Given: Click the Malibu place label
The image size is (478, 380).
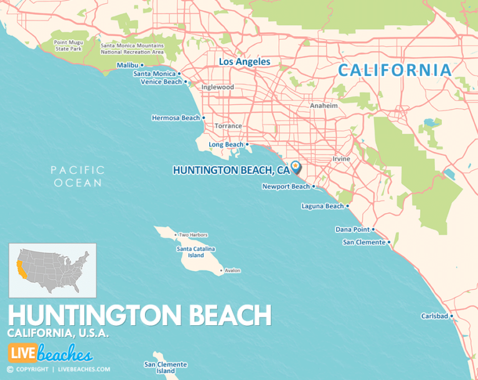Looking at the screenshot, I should point(127,65).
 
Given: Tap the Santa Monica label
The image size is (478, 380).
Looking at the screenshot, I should point(154,74).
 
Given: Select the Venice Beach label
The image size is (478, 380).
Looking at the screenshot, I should point(161,82).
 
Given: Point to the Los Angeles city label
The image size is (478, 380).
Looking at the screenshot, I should point(244,62).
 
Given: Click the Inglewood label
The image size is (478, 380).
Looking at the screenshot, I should point(217,87).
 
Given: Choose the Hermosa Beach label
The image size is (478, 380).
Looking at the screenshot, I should point(176,118).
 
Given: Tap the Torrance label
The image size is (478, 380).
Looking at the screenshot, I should point(228,126).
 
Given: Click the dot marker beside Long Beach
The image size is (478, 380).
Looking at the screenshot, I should point(247,145).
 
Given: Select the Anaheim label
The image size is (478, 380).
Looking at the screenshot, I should point(324,106).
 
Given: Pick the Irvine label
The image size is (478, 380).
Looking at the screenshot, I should point(340,159).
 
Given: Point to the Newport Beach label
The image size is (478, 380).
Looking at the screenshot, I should point(286,186).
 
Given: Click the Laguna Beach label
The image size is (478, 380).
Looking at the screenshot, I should point(322,206).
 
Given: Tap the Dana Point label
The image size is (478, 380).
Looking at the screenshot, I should point(352,229).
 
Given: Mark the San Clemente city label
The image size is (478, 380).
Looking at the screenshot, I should point(363,242).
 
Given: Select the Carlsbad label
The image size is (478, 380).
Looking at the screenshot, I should point(434,316).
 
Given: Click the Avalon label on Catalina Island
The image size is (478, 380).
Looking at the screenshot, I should point(232,270).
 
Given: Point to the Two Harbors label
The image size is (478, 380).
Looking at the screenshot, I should point(193,235).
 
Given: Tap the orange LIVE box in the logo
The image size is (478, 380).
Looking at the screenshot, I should point(21,353).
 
